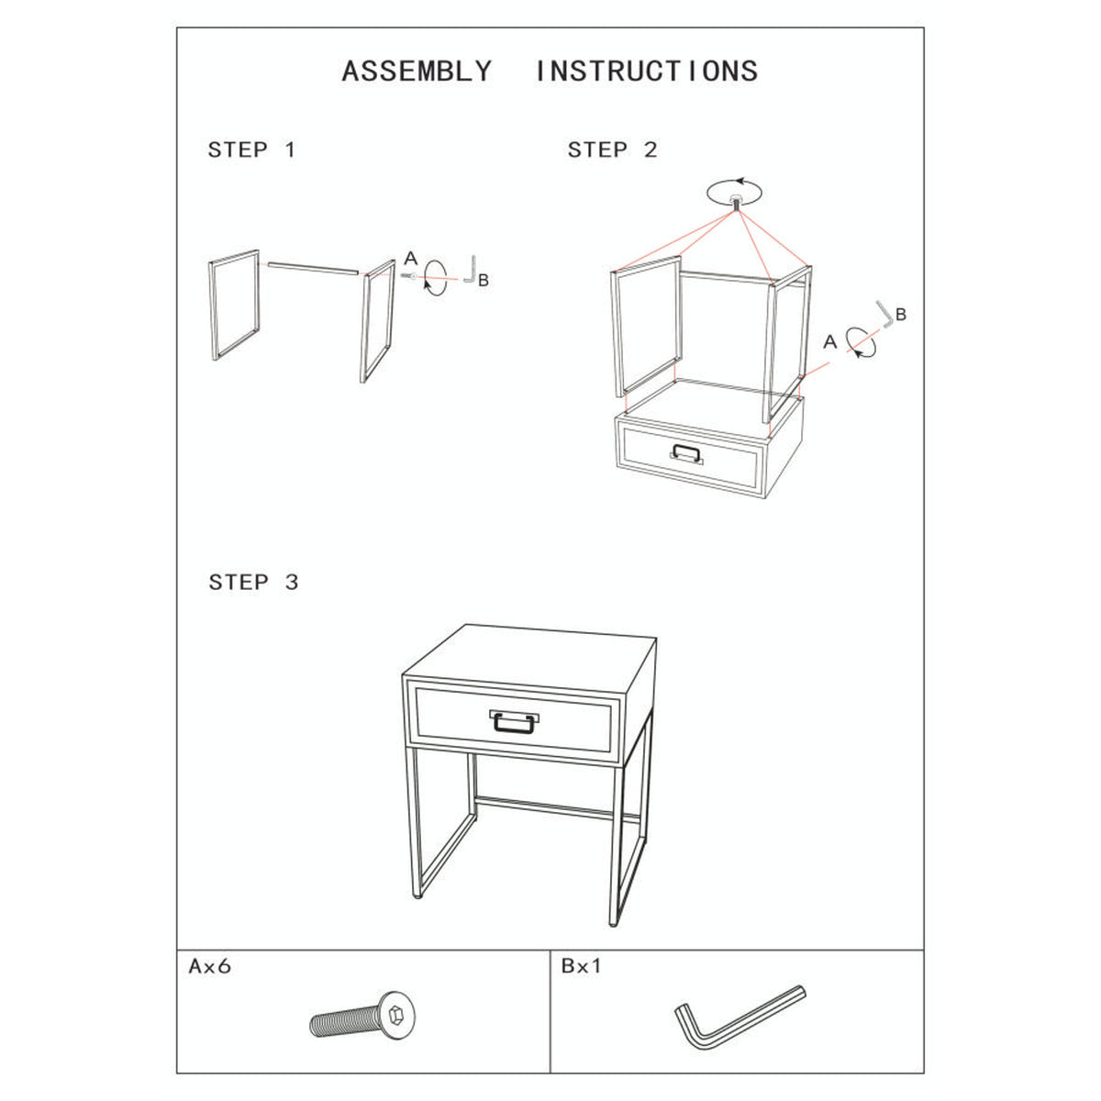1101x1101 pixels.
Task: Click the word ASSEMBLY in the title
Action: tap(417, 72)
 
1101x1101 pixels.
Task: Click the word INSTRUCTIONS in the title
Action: tap(647, 72)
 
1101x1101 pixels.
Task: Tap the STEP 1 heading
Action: tap(252, 150)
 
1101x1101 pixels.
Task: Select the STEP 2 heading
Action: tap(613, 150)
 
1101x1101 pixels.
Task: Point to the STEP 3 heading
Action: tap(253, 583)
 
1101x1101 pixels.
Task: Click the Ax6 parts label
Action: tap(210, 966)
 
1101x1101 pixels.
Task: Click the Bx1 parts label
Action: tap(582, 965)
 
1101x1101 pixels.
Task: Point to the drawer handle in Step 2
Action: tap(686, 454)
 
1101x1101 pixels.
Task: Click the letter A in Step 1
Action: tap(411, 258)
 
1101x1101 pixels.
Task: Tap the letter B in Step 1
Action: tap(484, 281)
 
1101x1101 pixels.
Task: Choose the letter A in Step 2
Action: tap(829, 341)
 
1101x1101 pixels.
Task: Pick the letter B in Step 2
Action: tap(901, 314)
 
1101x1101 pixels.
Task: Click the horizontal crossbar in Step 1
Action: tap(313, 269)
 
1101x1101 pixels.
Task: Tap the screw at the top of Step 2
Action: tap(736, 202)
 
